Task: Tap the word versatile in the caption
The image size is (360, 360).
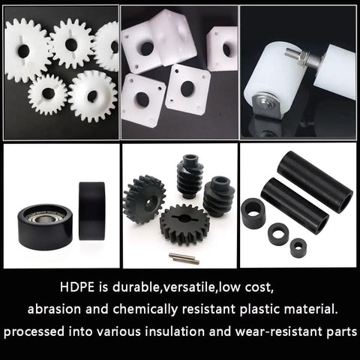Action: point(187,287)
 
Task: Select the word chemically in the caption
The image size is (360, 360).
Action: point(145,310)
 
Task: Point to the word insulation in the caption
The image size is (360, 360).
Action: point(175,331)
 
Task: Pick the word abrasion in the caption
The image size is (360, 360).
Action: point(54,309)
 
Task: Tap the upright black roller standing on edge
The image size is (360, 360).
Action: point(91,211)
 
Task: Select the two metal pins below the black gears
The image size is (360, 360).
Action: point(184,258)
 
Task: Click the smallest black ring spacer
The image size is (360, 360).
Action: point(298,247)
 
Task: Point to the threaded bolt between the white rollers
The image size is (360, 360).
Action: point(297,58)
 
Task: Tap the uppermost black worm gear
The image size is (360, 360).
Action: point(187,176)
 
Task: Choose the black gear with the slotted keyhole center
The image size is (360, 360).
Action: point(184,223)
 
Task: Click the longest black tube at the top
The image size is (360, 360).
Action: point(315,181)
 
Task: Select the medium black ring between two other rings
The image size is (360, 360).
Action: point(278,234)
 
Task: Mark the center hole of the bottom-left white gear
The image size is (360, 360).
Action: point(48,93)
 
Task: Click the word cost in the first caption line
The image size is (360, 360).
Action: point(259,288)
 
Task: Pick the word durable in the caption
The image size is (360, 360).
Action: point(136,287)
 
